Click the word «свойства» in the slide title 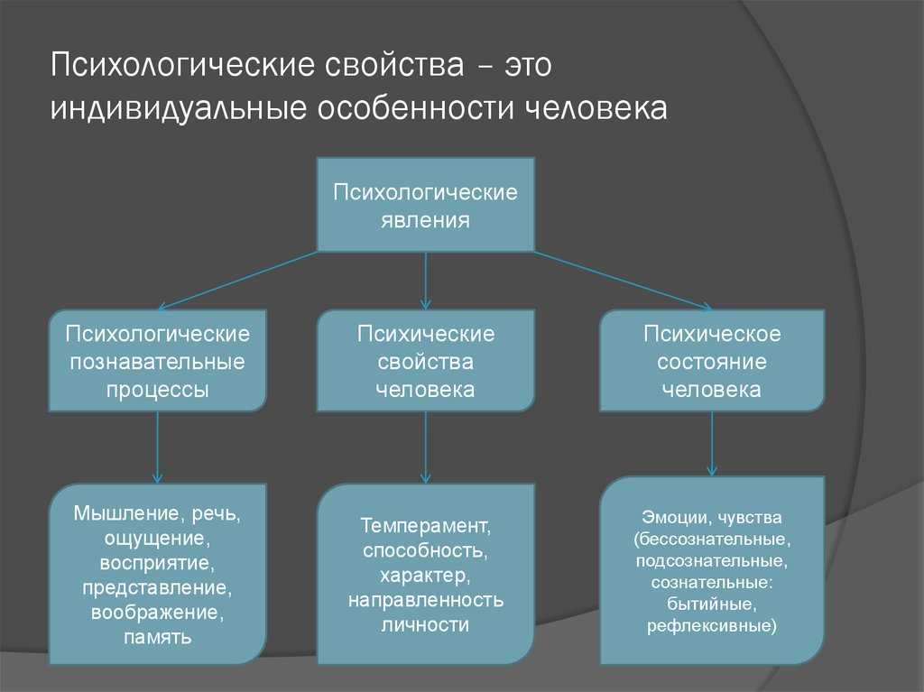393,64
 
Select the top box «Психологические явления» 426,205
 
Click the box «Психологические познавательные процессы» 157,361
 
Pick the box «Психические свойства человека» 426,361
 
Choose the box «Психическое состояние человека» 712,361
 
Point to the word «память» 157,638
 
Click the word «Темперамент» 425,525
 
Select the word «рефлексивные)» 712,625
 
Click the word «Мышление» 125,513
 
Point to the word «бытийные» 712,604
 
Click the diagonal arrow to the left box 238,281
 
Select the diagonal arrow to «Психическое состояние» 623,281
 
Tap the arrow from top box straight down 426,281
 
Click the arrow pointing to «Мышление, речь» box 157,447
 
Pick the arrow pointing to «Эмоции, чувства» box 712,444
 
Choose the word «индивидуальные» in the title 178,109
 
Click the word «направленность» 426,600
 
